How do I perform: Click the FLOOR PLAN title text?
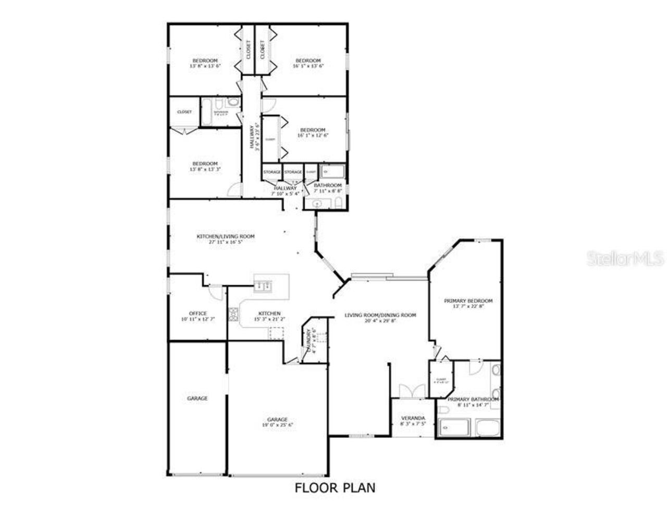click(x=335, y=488)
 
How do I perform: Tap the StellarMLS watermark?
click(x=625, y=258)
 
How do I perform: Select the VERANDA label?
click(x=413, y=418)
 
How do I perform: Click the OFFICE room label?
click(x=197, y=314)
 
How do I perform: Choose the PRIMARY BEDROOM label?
click(x=468, y=301)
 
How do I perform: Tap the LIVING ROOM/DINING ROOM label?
click(x=380, y=315)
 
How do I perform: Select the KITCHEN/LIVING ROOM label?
click(x=225, y=236)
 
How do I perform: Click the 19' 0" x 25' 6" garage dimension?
click(x=277, y=425)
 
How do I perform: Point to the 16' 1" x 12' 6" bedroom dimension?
click(x=313, y=135)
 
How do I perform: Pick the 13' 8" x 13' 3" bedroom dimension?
click(x=205, y=169)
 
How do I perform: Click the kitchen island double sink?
click(x=263, y=285)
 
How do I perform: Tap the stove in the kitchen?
click(x=234, y=314)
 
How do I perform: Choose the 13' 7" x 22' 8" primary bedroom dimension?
click(x=468, y=307)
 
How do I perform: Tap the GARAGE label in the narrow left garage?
click(x=197, y=398)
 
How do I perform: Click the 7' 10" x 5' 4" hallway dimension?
click(x=285, y=194)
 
